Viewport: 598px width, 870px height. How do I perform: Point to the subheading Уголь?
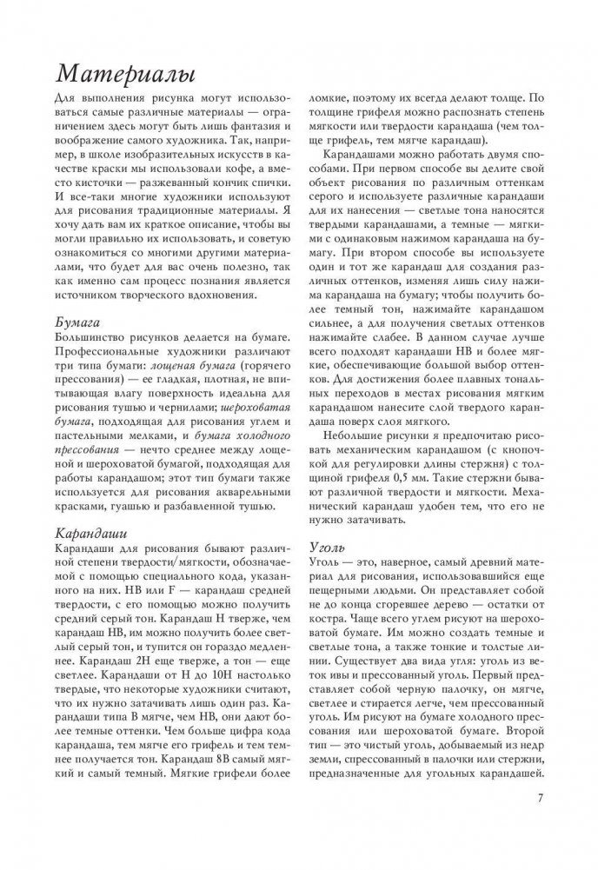click(331, 548)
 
